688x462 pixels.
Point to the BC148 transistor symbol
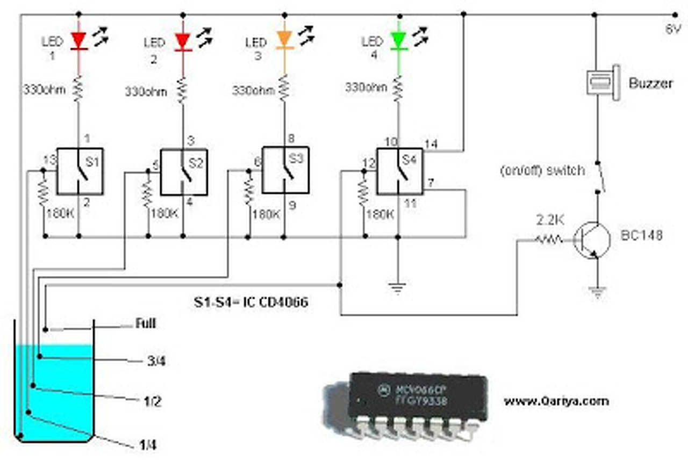[592, 240]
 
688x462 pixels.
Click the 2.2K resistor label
[549, 221]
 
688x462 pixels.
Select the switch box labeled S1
[80, 171]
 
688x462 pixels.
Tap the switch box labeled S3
[285, 170]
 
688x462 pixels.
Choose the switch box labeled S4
[399, 171]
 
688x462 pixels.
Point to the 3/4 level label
[156, 361]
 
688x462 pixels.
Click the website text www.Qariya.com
[556, 401]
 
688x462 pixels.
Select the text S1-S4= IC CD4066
[251, 302]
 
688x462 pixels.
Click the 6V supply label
[672, 30]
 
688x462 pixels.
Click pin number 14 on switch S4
[432, 143]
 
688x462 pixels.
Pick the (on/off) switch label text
[541, 170]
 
